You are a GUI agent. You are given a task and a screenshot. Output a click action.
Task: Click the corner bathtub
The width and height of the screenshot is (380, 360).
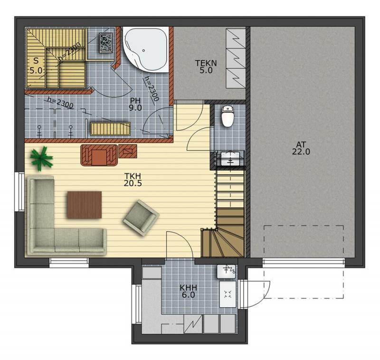pos(145,49)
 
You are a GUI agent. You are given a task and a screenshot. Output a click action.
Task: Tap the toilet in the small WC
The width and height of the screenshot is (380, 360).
pos(228,117)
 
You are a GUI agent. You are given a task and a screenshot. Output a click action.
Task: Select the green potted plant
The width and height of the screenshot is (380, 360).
pos(41,158)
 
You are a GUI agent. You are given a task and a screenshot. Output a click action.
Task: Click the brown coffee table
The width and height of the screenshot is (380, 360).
pos(85,205)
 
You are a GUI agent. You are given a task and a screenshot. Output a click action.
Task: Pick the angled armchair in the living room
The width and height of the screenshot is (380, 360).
pos(141,218)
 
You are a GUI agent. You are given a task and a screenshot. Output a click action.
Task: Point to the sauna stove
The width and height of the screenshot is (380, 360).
pos(106,43)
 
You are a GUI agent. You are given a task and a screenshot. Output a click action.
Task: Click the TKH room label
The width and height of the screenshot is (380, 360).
pos(133,179)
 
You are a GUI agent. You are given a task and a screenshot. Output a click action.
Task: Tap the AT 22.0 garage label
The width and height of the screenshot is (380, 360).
pos(301,148)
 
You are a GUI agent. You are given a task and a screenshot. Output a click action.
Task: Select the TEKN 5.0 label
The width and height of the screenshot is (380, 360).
pos(206,67)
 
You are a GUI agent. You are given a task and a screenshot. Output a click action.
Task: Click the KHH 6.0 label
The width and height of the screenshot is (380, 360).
pos(188,292)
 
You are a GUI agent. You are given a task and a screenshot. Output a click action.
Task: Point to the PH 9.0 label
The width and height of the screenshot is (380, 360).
pos(135,104)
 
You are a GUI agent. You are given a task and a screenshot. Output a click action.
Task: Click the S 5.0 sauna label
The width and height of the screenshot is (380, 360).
pos(36,66)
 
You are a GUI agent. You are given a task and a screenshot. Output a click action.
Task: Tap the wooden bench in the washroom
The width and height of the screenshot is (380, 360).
pos(110,128)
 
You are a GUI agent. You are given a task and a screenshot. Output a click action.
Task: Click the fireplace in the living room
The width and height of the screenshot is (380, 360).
pos(99,155)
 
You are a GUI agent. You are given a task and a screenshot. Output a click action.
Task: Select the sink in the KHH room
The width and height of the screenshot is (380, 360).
pos(227,272)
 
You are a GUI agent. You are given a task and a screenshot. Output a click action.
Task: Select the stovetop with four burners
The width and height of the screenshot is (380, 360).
pos(228,294)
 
